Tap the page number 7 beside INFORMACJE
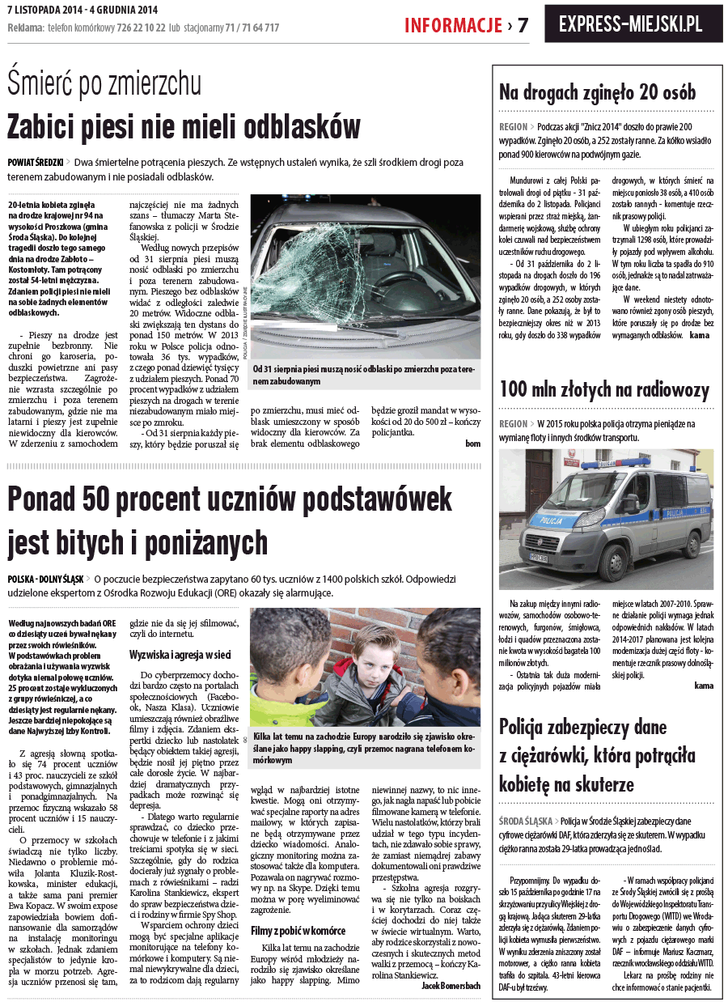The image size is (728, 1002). pos(523,25)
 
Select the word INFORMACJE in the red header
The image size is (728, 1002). pos(454,25)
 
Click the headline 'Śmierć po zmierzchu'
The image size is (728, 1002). pos(104,83)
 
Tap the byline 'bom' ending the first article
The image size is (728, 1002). pos(473,444)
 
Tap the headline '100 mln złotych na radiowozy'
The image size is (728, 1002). pos(604,389)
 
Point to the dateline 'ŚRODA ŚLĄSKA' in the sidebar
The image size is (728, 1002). pos(527,821)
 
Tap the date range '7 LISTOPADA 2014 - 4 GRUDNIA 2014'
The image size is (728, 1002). pos(81,9)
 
